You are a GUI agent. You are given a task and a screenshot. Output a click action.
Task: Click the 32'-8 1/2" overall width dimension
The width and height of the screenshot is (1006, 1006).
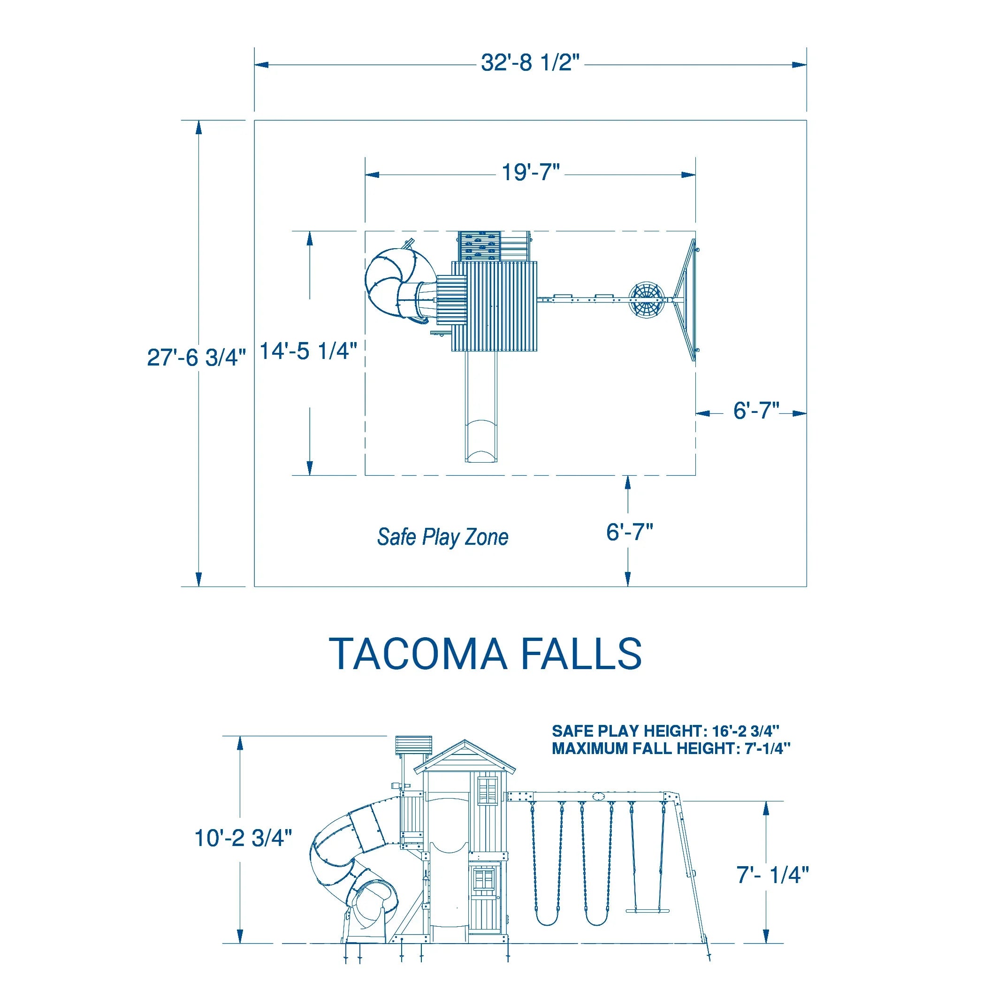tap(530, 63)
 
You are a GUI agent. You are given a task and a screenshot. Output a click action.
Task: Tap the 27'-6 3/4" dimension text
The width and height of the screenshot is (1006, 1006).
tap(196, 358)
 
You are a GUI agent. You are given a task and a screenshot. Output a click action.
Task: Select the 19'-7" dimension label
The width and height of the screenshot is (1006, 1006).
tap(530, 173)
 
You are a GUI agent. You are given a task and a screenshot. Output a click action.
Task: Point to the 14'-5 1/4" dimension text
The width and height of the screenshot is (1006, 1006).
tap(308, 351)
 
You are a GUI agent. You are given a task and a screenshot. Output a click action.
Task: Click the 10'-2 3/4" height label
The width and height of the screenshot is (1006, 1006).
tap(243, 838)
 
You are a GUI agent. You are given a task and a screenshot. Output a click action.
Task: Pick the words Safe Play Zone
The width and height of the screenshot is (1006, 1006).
tap(442, 537)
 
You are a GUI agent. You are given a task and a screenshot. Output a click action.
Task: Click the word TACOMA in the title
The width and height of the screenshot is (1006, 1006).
tap(418, 654)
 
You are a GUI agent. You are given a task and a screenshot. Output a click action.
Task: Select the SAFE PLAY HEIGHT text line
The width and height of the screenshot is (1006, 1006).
tap(665, 731)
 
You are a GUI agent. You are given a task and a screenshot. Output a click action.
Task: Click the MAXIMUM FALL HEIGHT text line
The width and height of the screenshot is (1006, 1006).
tap(671, 749)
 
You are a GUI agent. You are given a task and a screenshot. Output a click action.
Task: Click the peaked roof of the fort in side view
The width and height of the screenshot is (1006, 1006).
tap(465, 758)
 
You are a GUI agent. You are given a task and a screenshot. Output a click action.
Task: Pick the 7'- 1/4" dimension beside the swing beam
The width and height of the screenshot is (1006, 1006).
tap(772, 875)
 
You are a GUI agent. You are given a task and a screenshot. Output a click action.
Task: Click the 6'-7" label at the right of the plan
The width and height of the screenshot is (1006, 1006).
tap(756, 411)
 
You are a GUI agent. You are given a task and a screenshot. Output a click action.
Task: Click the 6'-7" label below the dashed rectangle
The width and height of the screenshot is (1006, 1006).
tap(629, 532)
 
